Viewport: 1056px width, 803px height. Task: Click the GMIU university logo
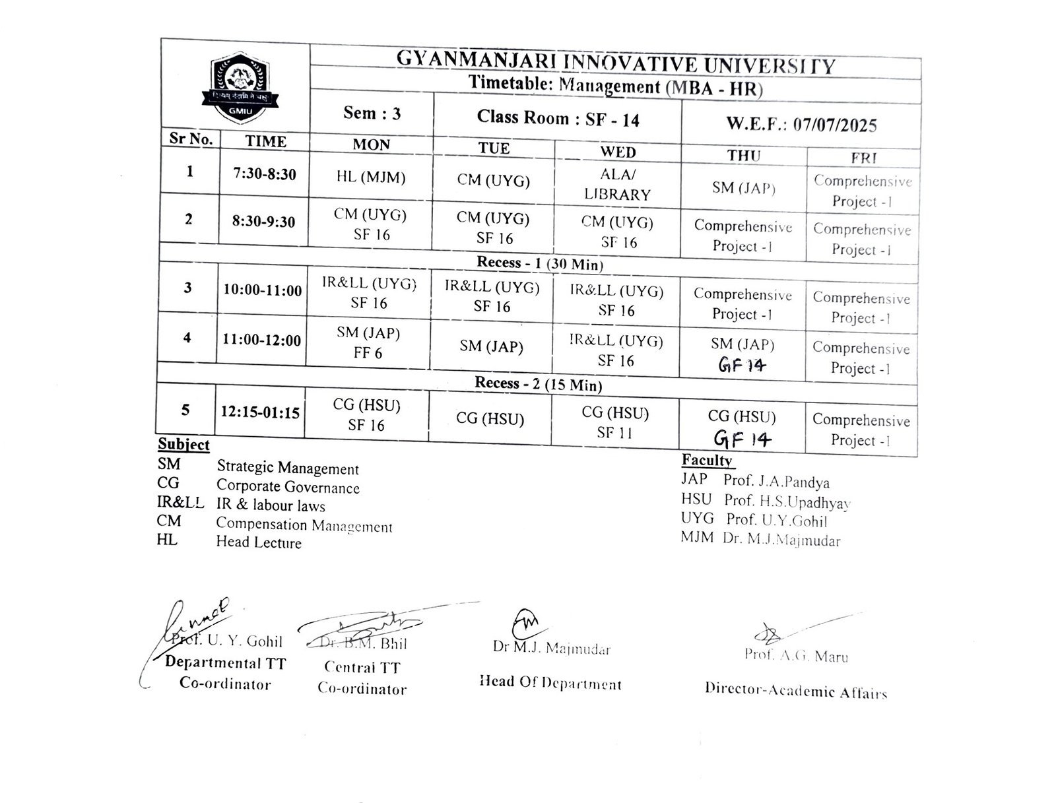[x=239, y=89]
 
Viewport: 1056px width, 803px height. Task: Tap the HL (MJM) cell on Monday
[x=370, y=177]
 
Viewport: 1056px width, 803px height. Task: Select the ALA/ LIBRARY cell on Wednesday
[x=617, y=185]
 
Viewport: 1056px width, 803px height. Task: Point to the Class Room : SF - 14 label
[x=558, y=119]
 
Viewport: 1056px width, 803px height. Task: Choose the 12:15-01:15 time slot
[x=260, y=412]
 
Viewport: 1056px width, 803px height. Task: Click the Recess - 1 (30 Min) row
[x=539, y=263]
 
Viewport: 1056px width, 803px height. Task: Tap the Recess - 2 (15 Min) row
[x=538, y=384]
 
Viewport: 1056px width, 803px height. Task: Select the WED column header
[x=618, y=152]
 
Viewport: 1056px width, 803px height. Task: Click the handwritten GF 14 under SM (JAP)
[x=742, y=365]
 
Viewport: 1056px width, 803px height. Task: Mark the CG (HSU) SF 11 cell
[x=614, y=422]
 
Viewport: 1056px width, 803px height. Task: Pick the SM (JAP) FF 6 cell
[x=368, y=342]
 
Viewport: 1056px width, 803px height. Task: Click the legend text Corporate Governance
[x=288, y=487]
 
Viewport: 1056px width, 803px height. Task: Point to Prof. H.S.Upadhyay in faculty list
[x=787, y=501]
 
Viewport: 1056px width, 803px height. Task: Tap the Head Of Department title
[x=550, y=683]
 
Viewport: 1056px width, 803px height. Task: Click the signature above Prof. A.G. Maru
[x=770, y=633]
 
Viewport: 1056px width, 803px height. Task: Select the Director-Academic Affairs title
[x=795, y=690]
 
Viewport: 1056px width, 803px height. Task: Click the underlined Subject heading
[x=183, y=444]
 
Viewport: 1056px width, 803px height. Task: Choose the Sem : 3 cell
[x=372, y=113]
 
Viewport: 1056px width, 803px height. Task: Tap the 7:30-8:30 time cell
[x=265, y=174]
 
